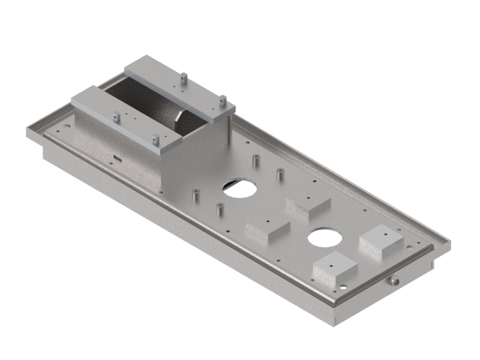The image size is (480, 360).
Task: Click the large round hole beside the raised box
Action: (239, 188)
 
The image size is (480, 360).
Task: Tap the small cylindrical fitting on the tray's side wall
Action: (394, 280)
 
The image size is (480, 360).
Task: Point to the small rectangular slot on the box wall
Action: (118, 159)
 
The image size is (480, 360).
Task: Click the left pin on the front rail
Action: (118, 116)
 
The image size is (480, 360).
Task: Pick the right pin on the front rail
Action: (155, 139)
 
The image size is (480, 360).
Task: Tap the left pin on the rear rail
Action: (184, 77)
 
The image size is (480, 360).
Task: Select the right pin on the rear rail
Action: (222, 99)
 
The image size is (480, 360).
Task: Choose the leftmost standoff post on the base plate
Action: (195, 196)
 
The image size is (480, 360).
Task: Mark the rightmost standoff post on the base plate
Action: (279, 175)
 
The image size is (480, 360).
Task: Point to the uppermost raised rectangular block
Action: (308, 204)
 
